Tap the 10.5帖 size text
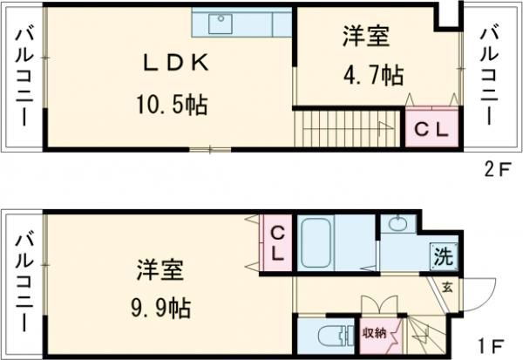click(x=170, y=106)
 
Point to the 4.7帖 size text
click(x=368, y=76)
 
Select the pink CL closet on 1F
click(x=276, y=243)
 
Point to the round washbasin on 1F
click(x=401, y=225)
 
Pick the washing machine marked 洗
click(x=443, y=257)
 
